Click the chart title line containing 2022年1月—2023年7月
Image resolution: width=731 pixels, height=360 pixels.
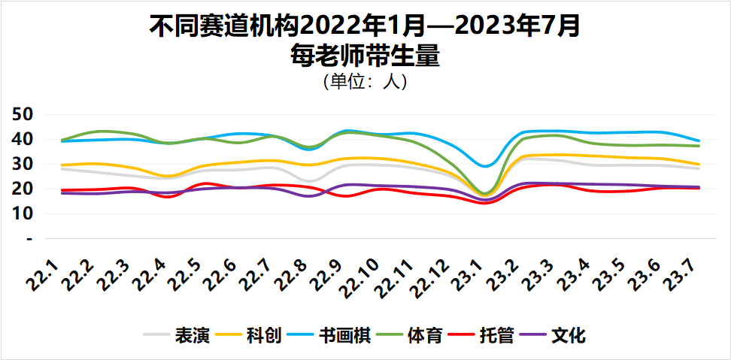tap(365, 28)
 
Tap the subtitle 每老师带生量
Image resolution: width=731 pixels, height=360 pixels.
tap(365, 56)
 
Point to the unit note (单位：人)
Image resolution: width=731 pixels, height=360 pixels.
tap(365, 81)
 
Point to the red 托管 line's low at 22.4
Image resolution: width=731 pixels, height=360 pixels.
tap(168, 197)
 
